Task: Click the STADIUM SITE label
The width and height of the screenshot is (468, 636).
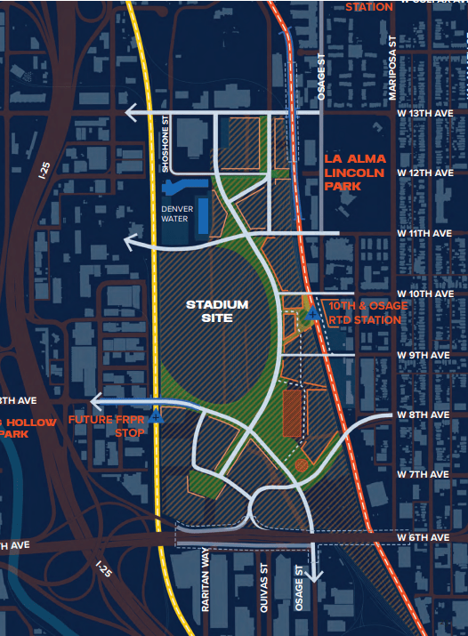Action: click(x=216, y=311)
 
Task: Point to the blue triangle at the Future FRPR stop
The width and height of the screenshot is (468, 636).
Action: click(x=157, y=415)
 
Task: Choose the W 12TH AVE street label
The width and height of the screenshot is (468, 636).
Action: click(x=425, y=173)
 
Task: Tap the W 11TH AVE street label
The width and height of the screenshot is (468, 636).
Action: click(x=425, y=233)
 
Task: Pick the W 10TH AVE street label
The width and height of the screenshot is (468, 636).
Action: click(x=425, y=294)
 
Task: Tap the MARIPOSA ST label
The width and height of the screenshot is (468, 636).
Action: click(x=391, y=65)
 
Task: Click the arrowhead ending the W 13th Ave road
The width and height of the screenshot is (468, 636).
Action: click(x=131, y=113)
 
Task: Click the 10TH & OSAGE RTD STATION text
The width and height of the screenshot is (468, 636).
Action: click(x=367, y=311)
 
